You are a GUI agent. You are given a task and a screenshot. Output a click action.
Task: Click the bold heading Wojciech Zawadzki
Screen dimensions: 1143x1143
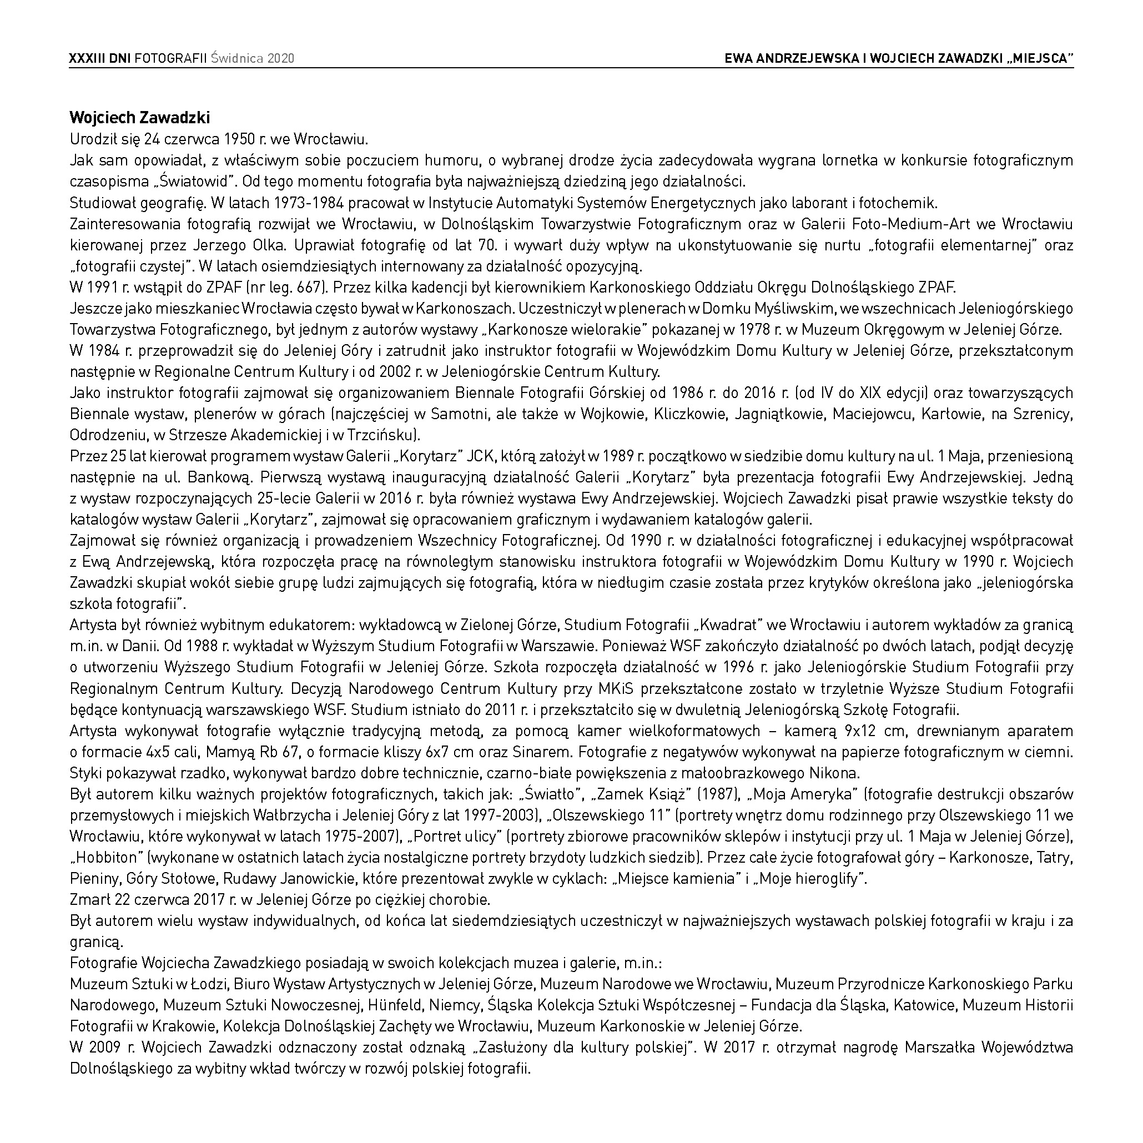click(140, 118)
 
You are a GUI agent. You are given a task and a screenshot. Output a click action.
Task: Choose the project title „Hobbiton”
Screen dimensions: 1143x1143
click(105, 858)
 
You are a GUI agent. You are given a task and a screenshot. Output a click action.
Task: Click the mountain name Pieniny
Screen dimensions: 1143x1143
click(93, 879)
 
